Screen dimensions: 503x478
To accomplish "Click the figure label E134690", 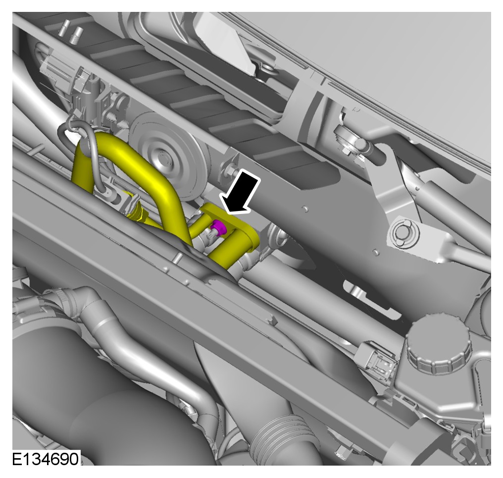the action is click(x=45, y=459).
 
